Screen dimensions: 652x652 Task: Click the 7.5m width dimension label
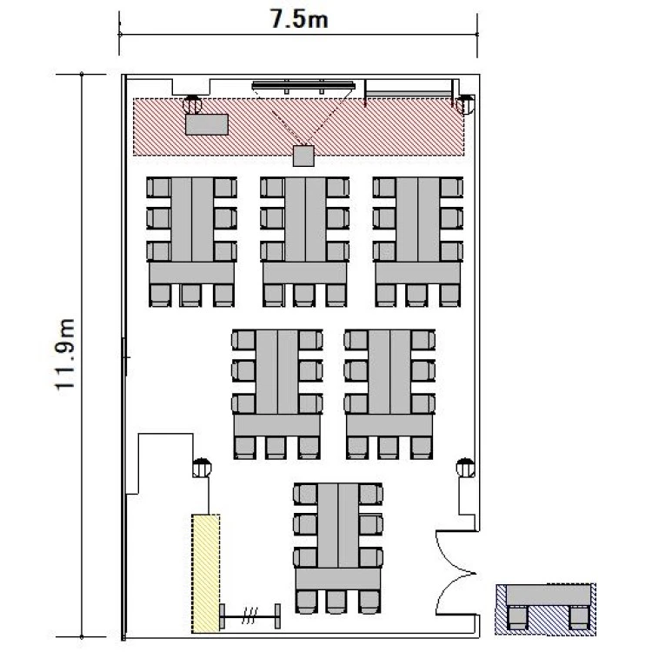299,19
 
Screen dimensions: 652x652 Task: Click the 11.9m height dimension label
65,355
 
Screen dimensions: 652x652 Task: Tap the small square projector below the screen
303,156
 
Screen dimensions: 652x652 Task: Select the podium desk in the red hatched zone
207,124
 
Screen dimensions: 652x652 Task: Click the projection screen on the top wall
303,86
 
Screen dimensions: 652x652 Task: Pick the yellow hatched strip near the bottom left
205,574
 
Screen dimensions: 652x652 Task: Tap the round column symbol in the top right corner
465,104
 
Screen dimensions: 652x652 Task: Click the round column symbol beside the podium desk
192,104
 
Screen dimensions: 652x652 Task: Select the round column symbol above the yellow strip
202,468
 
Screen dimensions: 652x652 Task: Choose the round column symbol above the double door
465,468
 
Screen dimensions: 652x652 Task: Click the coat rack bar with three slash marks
249,616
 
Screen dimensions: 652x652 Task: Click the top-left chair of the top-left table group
158,188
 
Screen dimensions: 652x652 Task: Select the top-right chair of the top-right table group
452,188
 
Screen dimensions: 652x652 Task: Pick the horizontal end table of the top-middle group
305,273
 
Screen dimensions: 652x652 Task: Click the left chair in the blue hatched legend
517,618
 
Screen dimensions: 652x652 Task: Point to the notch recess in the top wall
192,86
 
